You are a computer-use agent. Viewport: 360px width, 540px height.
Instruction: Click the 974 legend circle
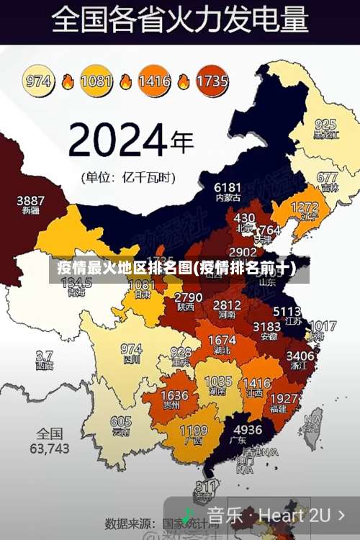click(x=39, y=81)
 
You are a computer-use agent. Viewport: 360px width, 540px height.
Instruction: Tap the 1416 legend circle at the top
click(x=154, y=81)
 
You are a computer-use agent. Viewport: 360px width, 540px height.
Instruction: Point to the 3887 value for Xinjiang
click(x=31, y=200)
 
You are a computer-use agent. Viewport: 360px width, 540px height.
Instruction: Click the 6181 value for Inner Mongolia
click(x=228, y=187)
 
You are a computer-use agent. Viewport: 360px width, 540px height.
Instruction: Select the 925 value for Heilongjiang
click(x=325, y=124)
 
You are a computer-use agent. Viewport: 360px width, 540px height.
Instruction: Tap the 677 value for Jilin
click(x=327, y=177)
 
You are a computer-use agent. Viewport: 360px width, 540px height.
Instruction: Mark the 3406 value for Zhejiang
click(x=300, y=355)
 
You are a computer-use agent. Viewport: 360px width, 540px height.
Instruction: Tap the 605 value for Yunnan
click(x=121, y=422)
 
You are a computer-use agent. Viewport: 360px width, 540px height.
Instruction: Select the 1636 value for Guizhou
click(x=174, y=396)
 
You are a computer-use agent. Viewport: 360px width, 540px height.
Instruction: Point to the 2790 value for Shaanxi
click(x=189, y=297)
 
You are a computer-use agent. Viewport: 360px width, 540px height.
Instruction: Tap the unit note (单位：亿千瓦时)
click(x=128, y=176)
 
